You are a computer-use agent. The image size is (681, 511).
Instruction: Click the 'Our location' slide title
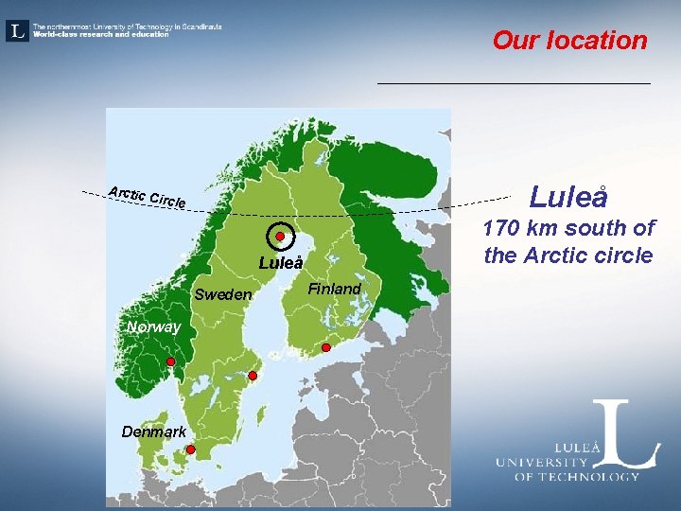pos(569,41)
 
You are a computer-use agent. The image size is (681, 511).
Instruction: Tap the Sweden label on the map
pos(223,294)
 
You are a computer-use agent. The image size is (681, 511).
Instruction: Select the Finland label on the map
pos(335,289)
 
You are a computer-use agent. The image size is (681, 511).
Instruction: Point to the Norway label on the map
pos(152,327)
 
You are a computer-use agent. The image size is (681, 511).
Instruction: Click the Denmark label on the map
pos(153,432)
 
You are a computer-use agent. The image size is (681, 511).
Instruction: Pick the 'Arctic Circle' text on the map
pos(147,197)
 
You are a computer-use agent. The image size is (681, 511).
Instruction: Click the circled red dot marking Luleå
pos(281,237)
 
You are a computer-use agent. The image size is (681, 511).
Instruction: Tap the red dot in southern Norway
pos(170,362)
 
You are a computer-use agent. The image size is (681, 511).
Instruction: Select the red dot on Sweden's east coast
pos(253,377)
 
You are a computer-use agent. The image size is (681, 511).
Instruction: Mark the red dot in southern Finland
pos(325,348)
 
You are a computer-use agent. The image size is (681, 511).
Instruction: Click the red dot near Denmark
pos(190,449)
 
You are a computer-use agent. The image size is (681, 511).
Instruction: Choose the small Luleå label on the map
pos(281,264)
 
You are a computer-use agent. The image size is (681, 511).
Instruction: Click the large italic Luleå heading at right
pos(567,197)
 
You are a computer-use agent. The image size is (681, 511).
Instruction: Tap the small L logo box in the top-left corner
pos(17,31)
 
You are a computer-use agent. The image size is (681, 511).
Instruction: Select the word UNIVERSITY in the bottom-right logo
pos(542,463)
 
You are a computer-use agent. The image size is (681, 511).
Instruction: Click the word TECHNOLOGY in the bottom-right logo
pos(587,476)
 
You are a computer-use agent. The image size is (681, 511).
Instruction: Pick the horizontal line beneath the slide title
pos(514,84)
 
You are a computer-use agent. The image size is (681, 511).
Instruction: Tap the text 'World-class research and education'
pos(101,35)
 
